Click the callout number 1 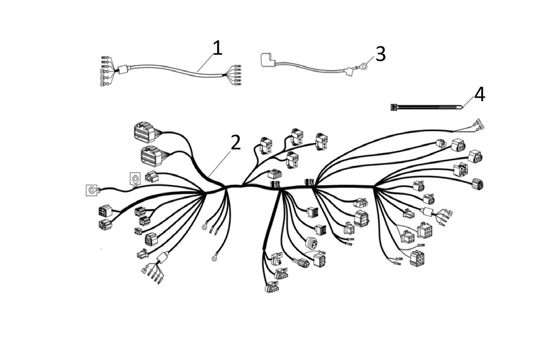(x=217, y=48)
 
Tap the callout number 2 (x=235, y=142)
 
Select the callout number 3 (x=381, y=54)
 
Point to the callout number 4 (x=480, y=95)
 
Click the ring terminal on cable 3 (x=363, y=66)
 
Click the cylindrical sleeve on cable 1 (x=124, y=69)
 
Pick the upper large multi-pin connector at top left (x=145, y=132)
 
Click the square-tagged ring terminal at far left (x=92, y=190)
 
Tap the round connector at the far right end (x=477, y=184)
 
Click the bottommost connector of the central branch (x=272, y=288)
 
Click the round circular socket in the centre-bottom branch (x=312, y=242)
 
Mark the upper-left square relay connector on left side (x=105, y=211)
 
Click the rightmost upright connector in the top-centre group (x=321, y=141)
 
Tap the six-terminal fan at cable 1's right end (x=236, y=75)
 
